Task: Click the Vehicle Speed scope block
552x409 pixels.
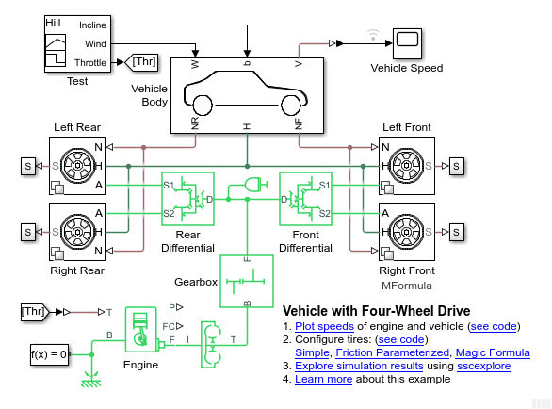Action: click(x=407, y=43)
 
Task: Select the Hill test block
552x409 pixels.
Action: click(x=77, y=43)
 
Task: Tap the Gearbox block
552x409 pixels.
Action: click(x=247, y=281)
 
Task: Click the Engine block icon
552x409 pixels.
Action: click(x=140, y=330)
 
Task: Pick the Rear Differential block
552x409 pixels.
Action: click(x=187, y=199)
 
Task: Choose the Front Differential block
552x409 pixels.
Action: click(x=305, y=199)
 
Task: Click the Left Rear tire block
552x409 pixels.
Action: click(x=77, y=166)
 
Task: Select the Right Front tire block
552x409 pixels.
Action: click(x=407, y=232)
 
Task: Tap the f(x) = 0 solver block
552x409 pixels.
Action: click(x=49, y=354)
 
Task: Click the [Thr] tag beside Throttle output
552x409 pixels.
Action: click(x=141, y=62)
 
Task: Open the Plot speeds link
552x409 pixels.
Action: click(x=324, y=327)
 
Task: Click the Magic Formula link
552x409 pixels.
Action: click(x=493, y=352)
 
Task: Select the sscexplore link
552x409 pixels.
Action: click(x=483, y=366)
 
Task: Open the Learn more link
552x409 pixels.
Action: click(x=323, y=379)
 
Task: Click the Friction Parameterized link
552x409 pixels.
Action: click(x=392, y=352)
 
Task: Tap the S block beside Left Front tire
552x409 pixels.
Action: click(x=457, y=166)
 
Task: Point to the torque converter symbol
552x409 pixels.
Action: click(x=211, y=345)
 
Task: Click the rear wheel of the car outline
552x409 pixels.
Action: click(x=203, y=106)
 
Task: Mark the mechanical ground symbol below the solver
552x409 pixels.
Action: click(x=91, y=381)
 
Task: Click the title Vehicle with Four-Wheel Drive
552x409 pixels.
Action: click(x=377, y=311)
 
